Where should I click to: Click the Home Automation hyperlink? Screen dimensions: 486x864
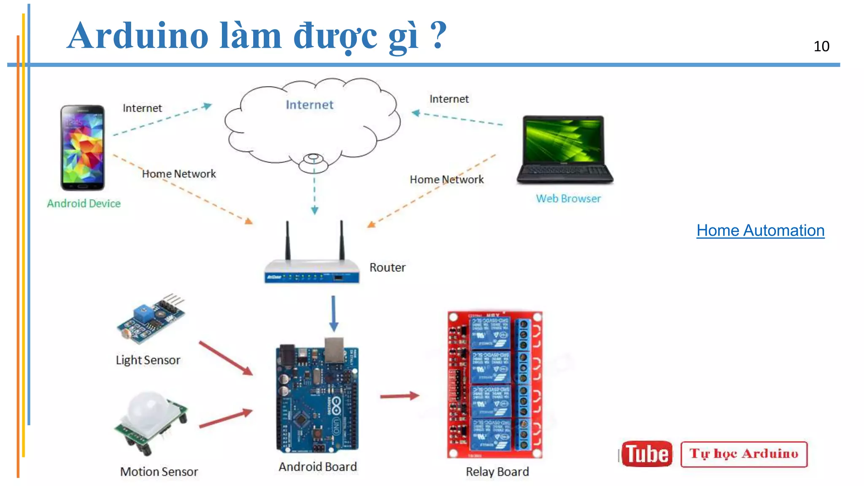(x=760, y=231)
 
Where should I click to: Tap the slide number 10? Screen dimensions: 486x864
(x=821, y=46)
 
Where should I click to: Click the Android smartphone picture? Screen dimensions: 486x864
(x=82, y=148)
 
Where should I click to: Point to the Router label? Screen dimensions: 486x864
(x=387, y=267)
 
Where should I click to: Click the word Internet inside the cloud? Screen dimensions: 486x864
(x=309, y=105)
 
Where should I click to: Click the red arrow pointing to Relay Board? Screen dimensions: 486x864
(x=399, y=396)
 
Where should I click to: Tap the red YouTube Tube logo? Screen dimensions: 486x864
(x=647, y=454)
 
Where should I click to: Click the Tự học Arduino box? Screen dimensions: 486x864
(x=744, y=454)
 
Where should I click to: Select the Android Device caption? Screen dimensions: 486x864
(x=84, y=204)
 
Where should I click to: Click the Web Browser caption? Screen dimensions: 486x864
(x=568, y=199)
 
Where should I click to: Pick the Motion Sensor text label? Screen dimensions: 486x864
(x=159, y=472)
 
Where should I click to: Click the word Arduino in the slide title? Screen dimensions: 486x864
(x=138, y=35)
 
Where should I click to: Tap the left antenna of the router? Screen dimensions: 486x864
(x=288, y=240)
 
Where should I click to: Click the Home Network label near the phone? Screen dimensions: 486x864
(x=178, y=174)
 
